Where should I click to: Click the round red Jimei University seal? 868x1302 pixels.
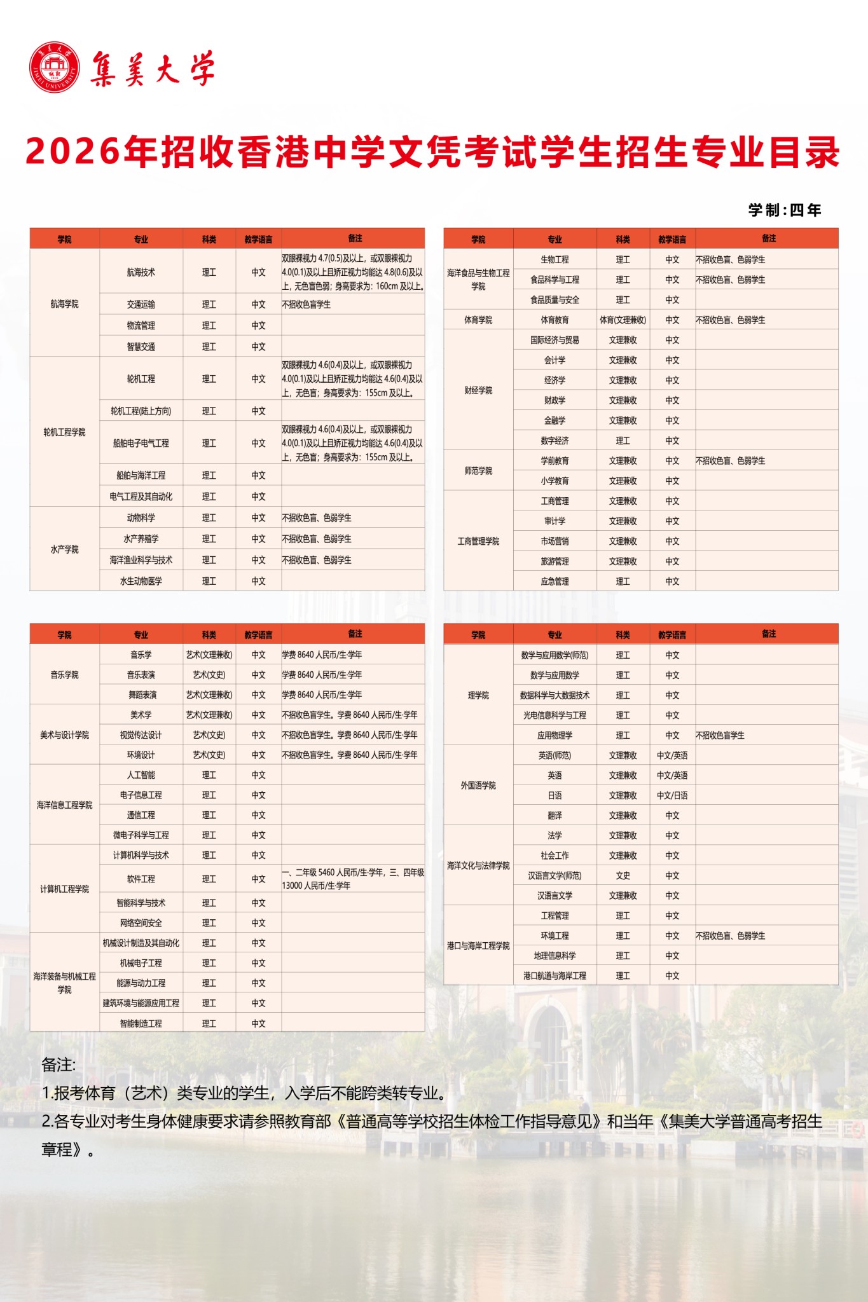pyautogui.click(x=55, y=67)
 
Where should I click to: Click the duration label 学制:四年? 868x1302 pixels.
pyautogui.click(x=785, y=210)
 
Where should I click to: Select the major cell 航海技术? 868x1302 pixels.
pyautogui.click(x=141, y=272)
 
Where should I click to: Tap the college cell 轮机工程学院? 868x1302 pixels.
pyautogui.click(x=64, y=432)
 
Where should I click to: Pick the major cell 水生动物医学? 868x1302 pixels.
pyautogui.click(x=141, y=581)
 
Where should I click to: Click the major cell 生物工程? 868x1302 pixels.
pyautogui.click(x=555, y=259)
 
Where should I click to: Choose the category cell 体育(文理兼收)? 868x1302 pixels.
pyautogui.click(x=623, y=320)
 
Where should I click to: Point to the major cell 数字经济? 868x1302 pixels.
pyautogui.click(x=555, y=441)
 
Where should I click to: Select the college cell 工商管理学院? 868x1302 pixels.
pyautogui.click(x=478, y=541)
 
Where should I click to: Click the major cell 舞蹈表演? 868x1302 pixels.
pyautogui.click(x=141, y=695)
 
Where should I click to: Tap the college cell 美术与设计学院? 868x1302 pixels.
pyautogui.click(x=64, y=735)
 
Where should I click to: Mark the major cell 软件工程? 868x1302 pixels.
pyautogui.click(x=141, y=879)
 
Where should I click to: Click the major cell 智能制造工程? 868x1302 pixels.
pyautogui.click(x=141, y=1024)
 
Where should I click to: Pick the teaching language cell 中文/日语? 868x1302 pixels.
pyautogui.click(x=672, y=795)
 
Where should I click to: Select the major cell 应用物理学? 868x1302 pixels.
pyautogui.click(x=555, y=736)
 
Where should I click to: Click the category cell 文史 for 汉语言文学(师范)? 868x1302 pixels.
pyautogui.click(x=623, y=875)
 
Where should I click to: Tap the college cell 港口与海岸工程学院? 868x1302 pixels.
pyautogui.click(x=478, y=946)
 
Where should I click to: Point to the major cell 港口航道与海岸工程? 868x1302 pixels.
pyautogui.click(x=555, y=975)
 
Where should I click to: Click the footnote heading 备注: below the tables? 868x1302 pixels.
pyautogui.click(x=59, y=1065)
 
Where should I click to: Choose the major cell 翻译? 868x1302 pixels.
pyautogui.click(x=555, y=816)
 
